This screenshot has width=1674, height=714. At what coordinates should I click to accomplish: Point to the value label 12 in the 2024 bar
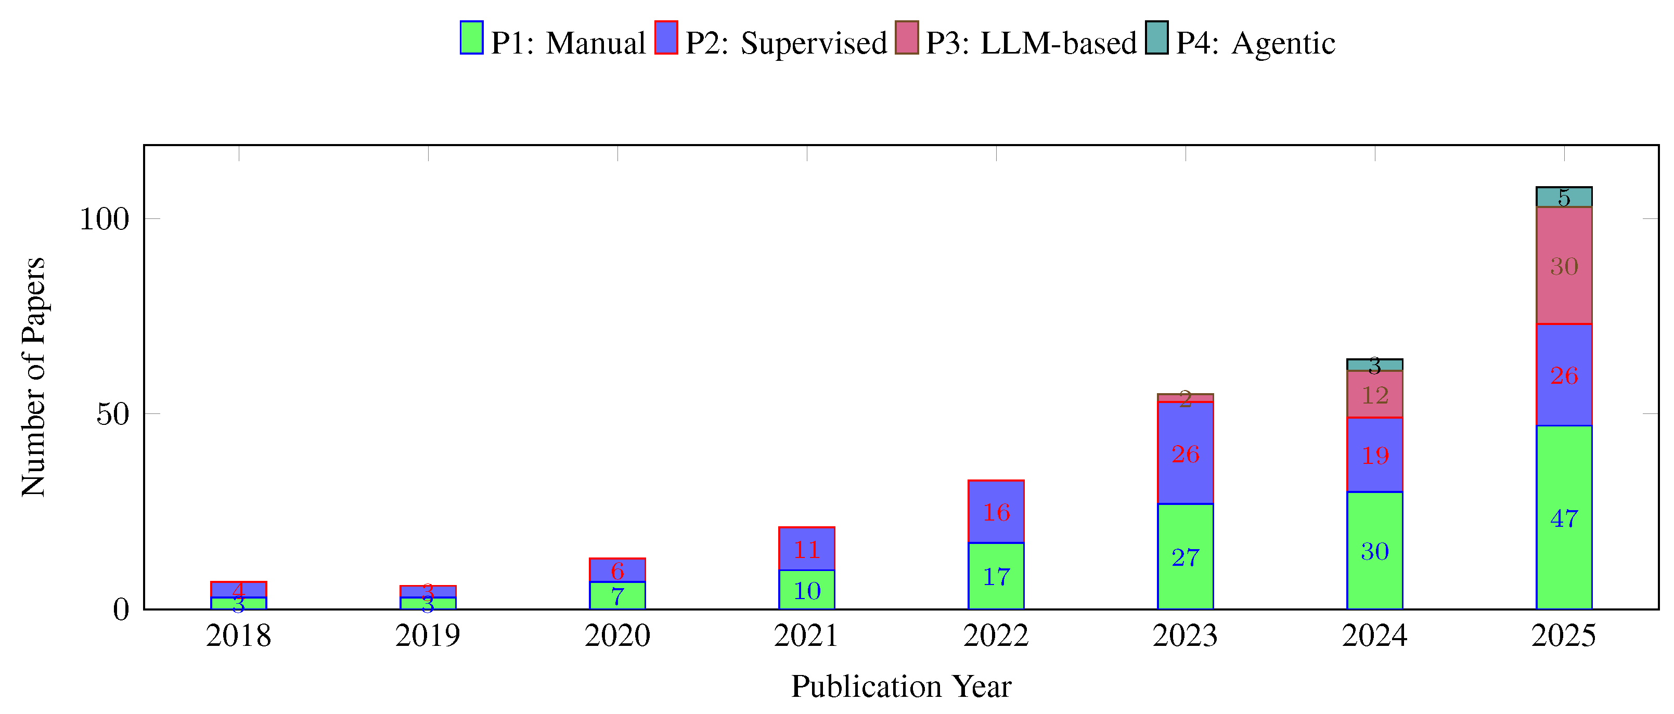click(1374, 395)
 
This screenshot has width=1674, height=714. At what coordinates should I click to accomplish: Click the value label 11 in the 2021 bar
click(806, 550)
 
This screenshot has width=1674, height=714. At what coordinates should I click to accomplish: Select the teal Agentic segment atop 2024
click(1374, 365)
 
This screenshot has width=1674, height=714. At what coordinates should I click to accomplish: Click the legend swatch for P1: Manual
click(471, 37)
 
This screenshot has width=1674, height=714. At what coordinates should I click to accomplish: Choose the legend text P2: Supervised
click(786, 43)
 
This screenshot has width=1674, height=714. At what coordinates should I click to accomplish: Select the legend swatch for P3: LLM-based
click(907, 37)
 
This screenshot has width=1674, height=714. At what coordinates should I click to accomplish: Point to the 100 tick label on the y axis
click(104, 219)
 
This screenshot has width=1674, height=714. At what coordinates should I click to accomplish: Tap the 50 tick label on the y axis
click(112, 414)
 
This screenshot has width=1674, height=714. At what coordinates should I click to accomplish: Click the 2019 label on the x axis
click(428, 635)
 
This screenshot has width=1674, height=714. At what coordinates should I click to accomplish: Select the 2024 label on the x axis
click(1374, 635)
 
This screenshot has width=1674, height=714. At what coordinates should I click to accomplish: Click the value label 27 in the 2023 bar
click(1184, 557)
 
